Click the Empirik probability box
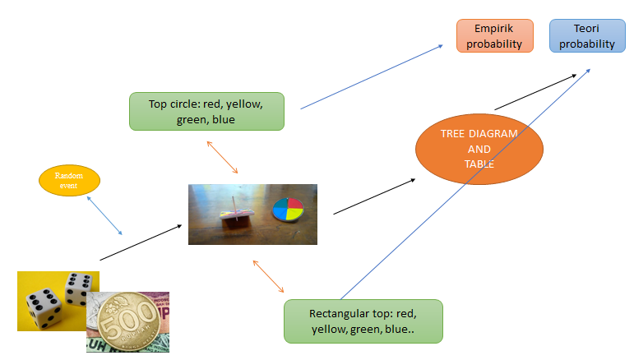(x=495, y=36)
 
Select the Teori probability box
(x=587, y=36)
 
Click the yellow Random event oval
(x=70, y=180)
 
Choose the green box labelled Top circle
(x=206, y=111)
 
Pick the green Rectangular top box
(x=363, y=321)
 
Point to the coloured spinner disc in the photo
(x=287, y=210)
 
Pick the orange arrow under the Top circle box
(x=222, y=157)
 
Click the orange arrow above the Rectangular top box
(x=269, y=277)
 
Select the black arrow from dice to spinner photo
(x=141, y=242)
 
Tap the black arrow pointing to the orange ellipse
(x=374, y=196)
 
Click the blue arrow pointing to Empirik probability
(x=372, y=76)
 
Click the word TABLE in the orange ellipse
(x=479, y=164)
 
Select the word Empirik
(x=495, y=29)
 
